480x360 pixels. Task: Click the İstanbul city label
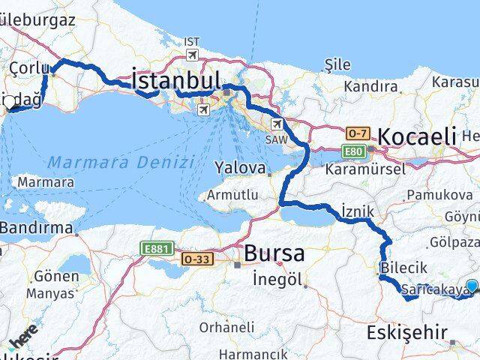tap(176, 81)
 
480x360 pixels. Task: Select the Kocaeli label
tap(418, 136)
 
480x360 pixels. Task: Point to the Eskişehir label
tap(407, 331)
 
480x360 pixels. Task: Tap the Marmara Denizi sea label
tap(120, 161)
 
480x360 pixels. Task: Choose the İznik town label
tap(356, 211)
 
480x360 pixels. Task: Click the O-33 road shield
tap(196, 259)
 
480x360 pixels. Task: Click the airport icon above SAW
tap(277, 124)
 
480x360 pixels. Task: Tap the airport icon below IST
tap(193, 55)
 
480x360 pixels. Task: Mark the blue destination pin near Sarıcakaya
tap(472, 285)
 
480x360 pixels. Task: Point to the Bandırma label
tap(37, 227)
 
